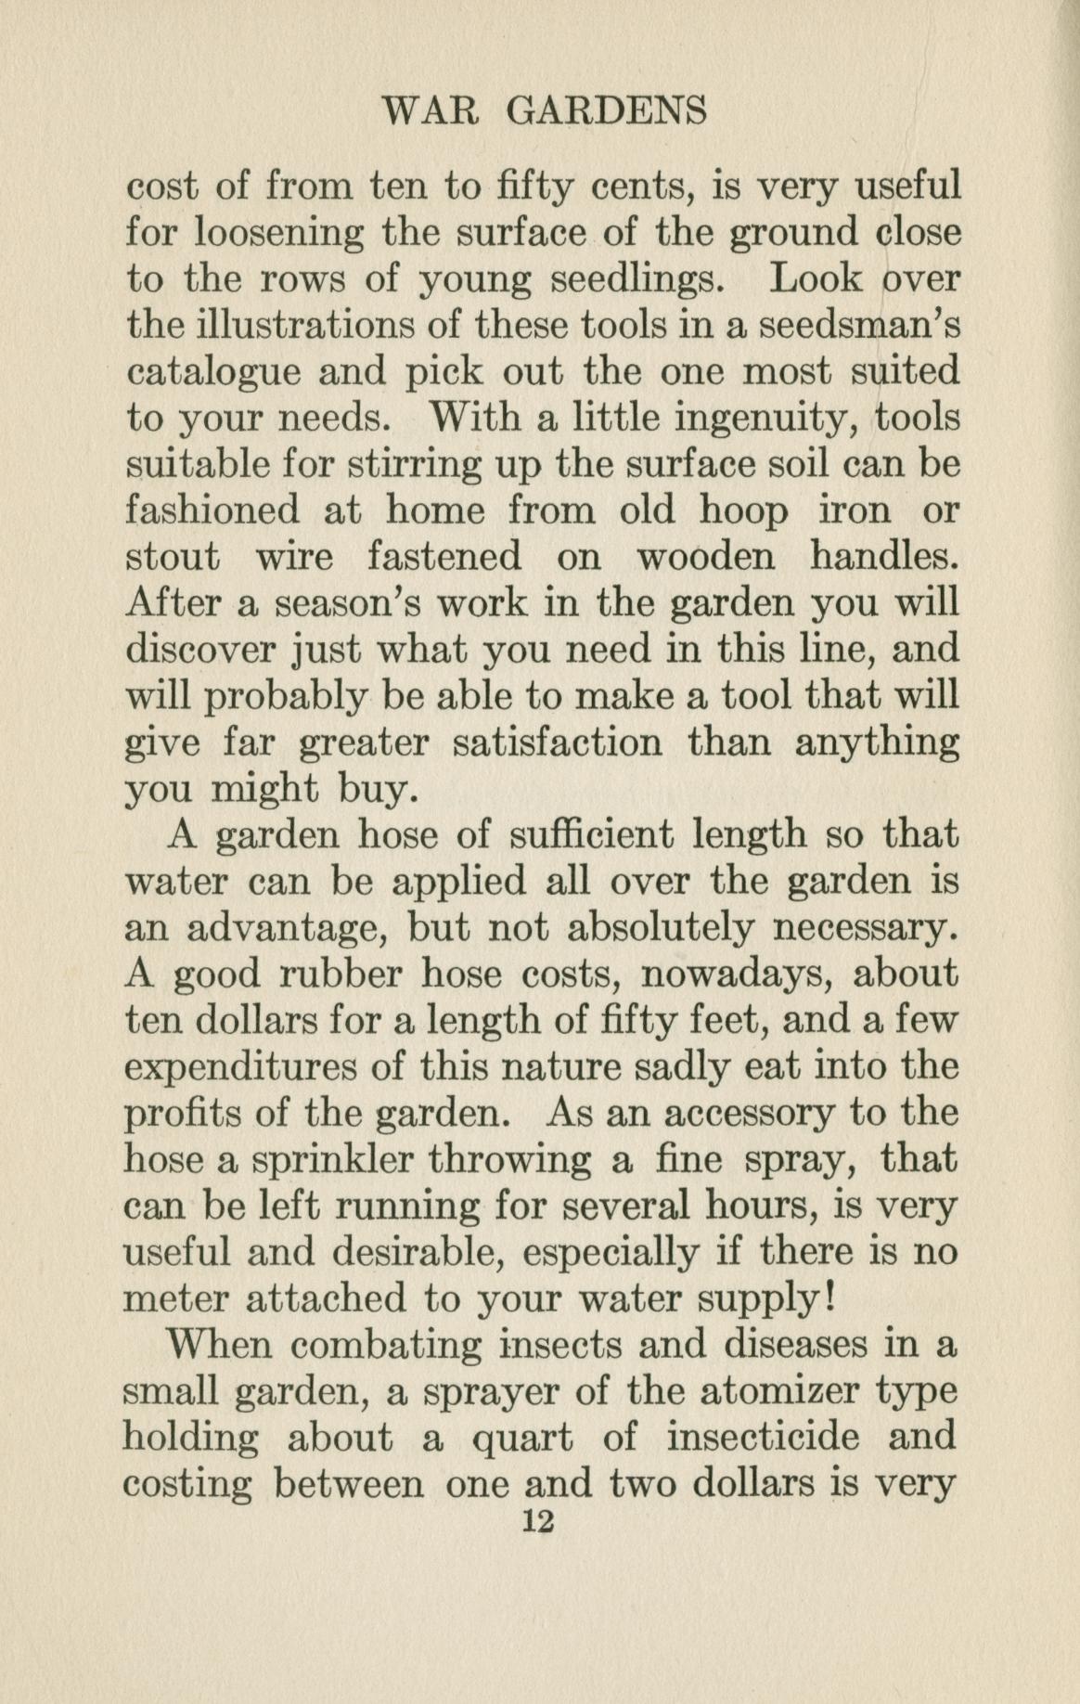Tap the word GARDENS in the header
tap(607, 111)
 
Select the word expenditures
tap(241, 1067)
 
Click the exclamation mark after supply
tap(830, 1297)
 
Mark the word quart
tap(523, 1439)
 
